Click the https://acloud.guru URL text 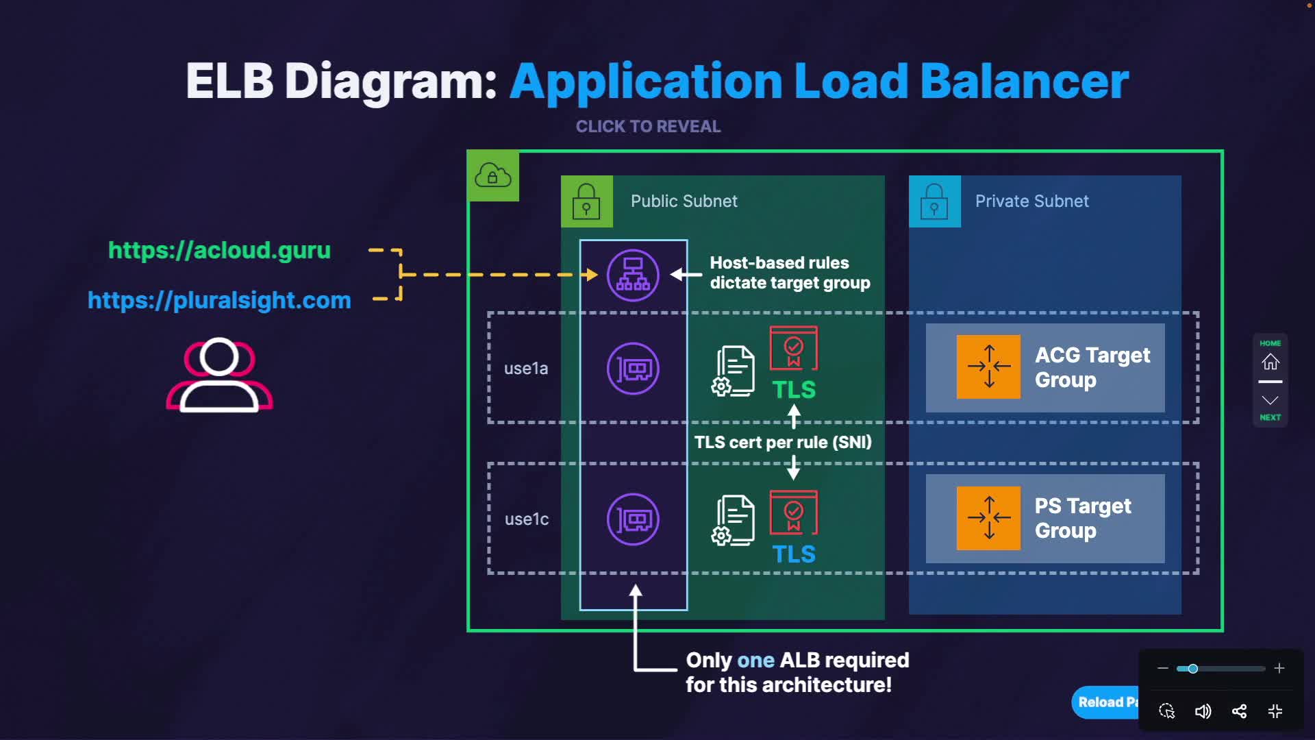click(219, 251)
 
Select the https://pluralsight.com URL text click(219, 300)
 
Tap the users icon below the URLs click(219, 375)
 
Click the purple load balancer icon click(633, 275)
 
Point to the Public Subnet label click(684, 201)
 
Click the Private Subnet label click(1031, 201)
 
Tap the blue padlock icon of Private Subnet click(934, 201)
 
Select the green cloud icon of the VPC click(492, 176)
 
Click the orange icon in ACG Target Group click(988, 367)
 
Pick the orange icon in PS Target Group click(988, 518)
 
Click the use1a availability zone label click(526, 369)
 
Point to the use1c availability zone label click(527, 519)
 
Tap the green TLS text click(794, 390)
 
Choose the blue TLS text click(794, 554)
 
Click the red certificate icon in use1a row click(794, 348)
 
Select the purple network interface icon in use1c click(633, 519)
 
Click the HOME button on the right click(1270, 356)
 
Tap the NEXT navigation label click(1270, 417)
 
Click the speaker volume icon click(1203, 711)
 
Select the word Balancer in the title click(1024, 82)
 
